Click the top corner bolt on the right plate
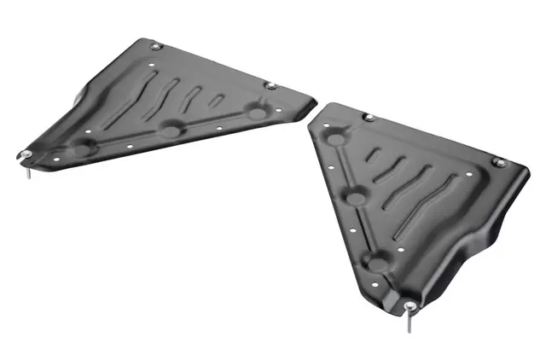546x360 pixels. (x=369, y=117)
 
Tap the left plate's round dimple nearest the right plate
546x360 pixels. (x=255, y=111)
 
